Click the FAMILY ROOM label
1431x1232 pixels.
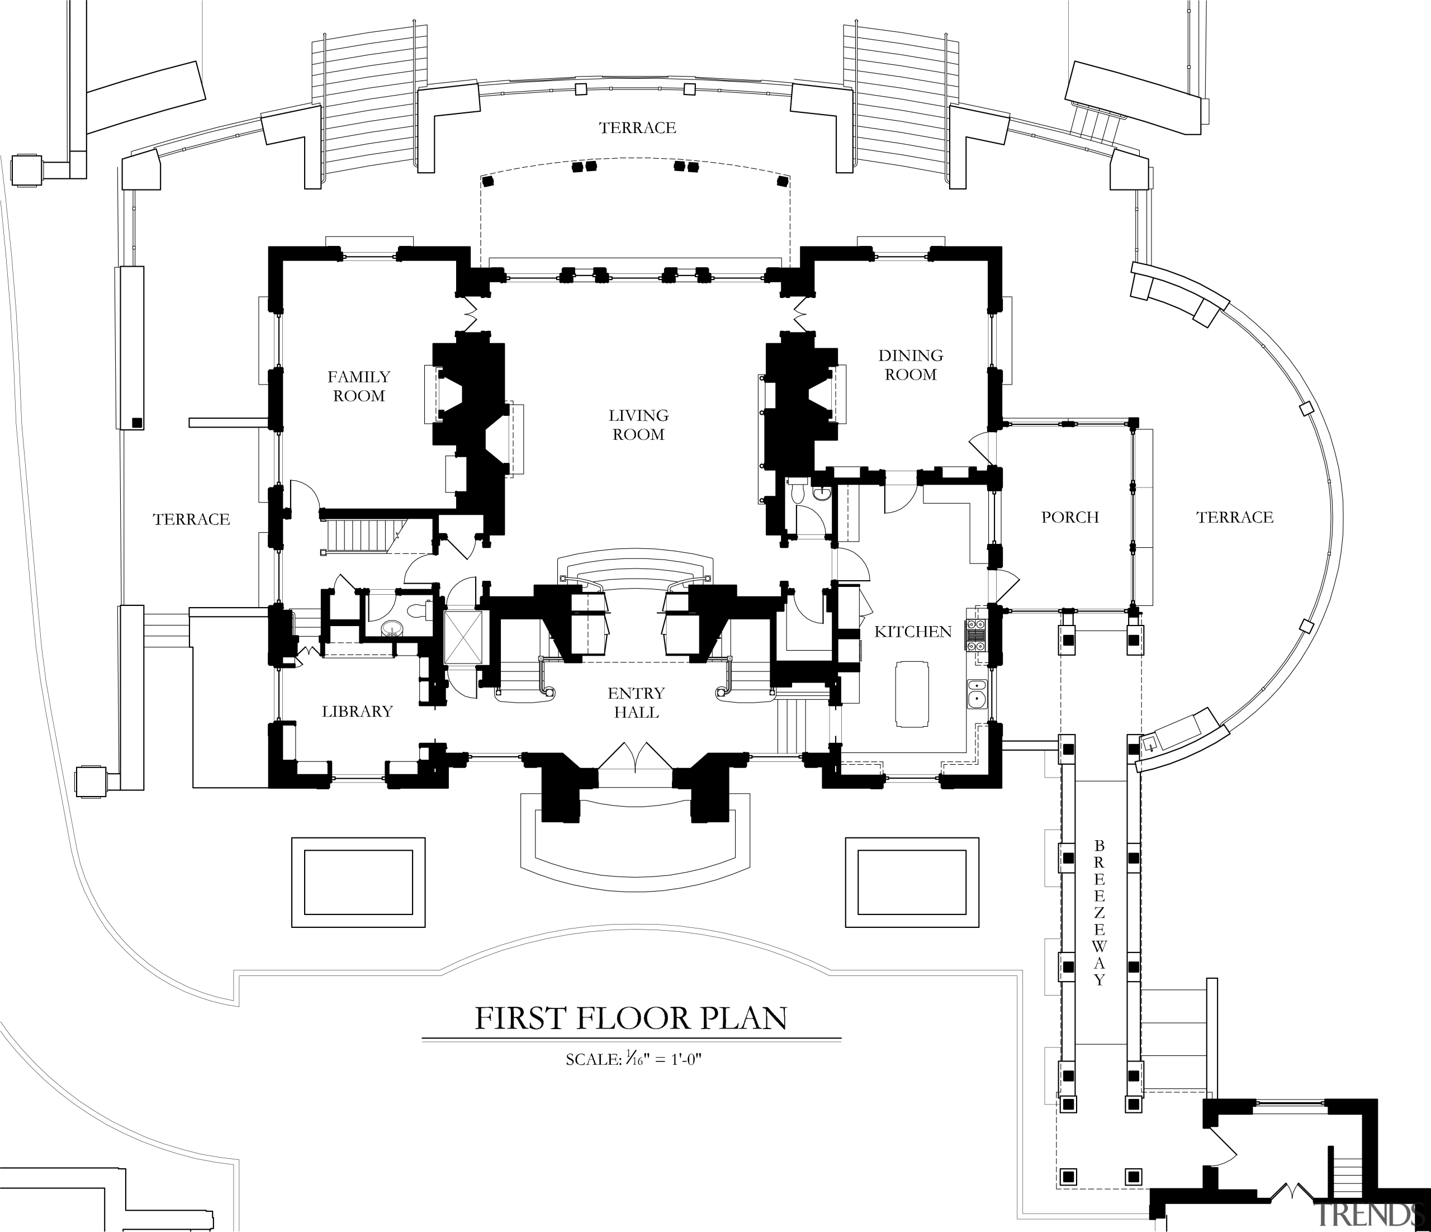pyautogui.click(x=358, y=386)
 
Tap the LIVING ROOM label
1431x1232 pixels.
pyautogui.click(x=638, y=425)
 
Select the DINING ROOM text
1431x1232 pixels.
pyautogui.click(x=910, y=364)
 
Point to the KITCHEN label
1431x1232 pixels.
pyautogui.click(x=912, y=631)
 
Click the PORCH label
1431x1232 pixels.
pyautogui.click(x=1069, y=517)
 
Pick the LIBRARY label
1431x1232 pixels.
pyautogui.click(x=357, y=711)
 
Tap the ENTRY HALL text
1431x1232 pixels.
pyautogui.click(x=636, y=702)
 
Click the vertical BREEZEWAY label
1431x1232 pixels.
pyautogui.click(x=1100, y=912)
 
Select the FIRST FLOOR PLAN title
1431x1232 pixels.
pyautogui.click(x=631, y=1018)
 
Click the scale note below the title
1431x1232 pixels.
pyautogui.click(x=633, y=1059)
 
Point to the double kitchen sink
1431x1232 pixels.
pyautogui.click(x=977, y=694)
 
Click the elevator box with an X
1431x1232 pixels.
pyautogui.click(x=461, y=637)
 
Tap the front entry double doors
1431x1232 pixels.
pyautogui.click(x=634, y=756)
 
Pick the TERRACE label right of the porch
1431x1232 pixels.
pyautogui.click(x=1234, y=517)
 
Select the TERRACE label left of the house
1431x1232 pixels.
pyautogui.click(x=191, y=519)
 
